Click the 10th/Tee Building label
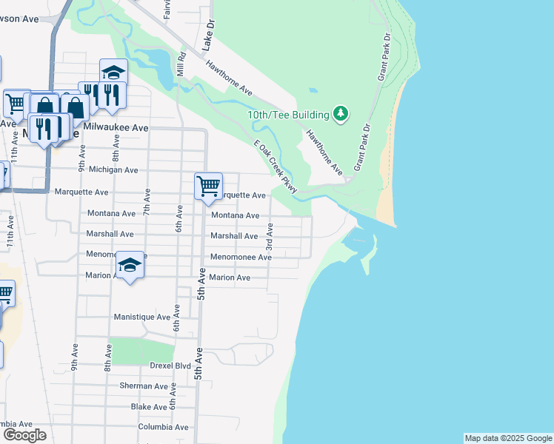(x=288, y=115)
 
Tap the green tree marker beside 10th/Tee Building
(x=341, y=114)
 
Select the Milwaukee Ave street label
(x=116, y=127)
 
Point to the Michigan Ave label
(x=113, y=169)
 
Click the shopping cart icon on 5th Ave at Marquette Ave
(x=209, y=186)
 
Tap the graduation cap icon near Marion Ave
(x=130, y=265)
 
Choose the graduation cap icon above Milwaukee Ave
(x=113, y=73)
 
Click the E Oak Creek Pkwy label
(x=275, y=167)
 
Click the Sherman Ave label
(x=144, y=386)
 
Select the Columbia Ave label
(x=163, y=427)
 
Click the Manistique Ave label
(x=141, y=317)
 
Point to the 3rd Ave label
(x=270, y=236)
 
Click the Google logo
(x=24, y=435)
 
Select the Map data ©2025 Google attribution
(x=507, y=438)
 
